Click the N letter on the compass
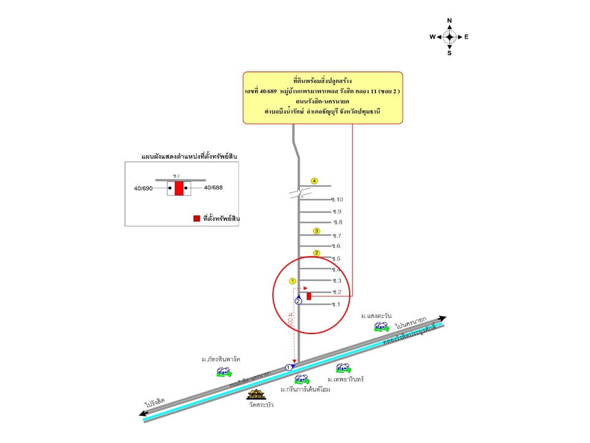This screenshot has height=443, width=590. [449, 21]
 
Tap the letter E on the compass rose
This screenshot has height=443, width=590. [466, 37]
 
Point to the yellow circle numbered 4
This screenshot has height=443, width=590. [314, 181]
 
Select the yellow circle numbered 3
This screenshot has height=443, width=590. [317, 231]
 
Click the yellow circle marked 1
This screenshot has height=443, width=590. [293, 281]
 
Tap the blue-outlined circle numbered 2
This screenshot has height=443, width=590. [298, 301]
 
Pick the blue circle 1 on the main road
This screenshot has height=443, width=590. [289, 367]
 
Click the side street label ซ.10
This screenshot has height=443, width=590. [337, 199]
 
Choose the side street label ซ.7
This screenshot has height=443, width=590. [336, 236]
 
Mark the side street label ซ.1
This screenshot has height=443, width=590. [336, 305]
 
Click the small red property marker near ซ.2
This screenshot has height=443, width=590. [309, 296]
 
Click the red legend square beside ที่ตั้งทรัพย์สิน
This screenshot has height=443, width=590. [196, 218]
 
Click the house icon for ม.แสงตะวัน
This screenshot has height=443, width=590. [382, 326]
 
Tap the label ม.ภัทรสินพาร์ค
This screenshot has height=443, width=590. [221, 359]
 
